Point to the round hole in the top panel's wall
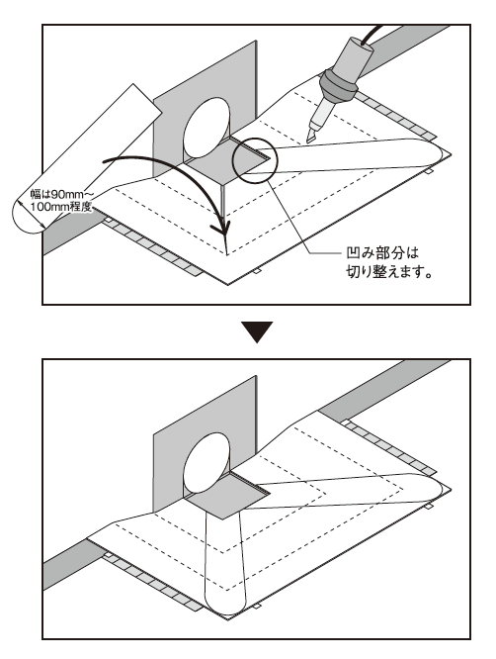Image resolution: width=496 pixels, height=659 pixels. [x=210, y=124]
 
